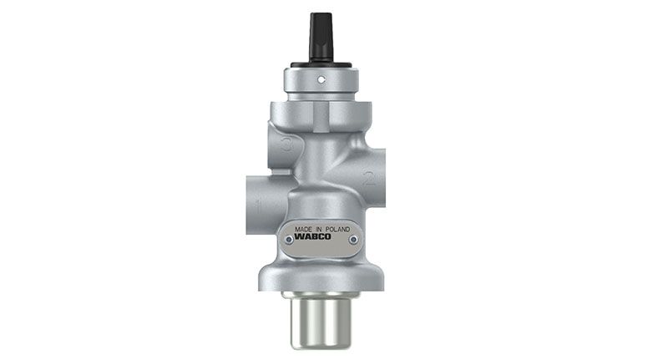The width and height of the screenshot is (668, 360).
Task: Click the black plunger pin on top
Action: tap(321, 37)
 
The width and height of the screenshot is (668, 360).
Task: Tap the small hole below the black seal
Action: tap(321, 79)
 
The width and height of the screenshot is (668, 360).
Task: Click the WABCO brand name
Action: tap(312, 237)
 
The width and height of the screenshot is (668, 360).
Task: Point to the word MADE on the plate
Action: tap(303, 229)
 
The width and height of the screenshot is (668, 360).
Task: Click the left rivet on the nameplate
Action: tap(289, 241)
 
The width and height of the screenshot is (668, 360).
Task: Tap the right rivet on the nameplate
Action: tap(353, 240)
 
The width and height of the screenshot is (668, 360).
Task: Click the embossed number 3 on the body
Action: tap(287, 145)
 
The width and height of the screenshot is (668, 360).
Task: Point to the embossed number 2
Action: tap(369, 178)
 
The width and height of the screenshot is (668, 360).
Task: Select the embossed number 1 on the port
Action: tap(257, 206)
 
